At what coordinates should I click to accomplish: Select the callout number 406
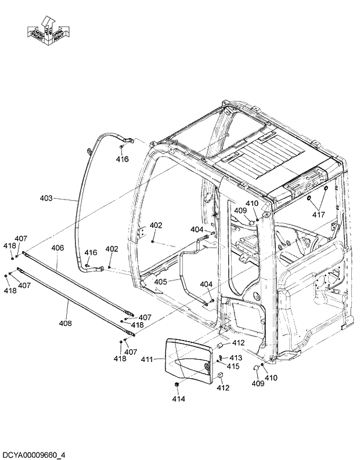click(x=57, y=248)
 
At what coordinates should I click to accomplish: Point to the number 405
click(x=160, y=282)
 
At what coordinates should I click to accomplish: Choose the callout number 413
click(x=235, y=357)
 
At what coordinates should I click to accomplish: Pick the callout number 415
click(x=233, y=366)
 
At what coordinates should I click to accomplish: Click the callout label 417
click(x=319, y=215)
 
